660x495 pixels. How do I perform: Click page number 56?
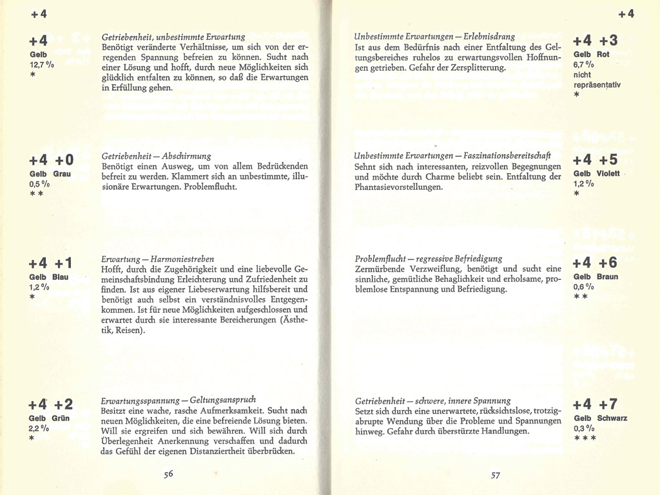(168, 474)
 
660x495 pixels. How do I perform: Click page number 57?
(495, 476)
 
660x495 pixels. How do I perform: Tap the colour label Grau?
(63, 174)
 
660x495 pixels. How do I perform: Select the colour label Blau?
(61, 277)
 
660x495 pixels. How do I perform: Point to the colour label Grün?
(61, 418)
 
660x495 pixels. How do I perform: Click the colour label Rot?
(603, 54)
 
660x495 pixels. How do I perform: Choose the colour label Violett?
(608, 174)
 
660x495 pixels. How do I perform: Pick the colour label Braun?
(608, 277)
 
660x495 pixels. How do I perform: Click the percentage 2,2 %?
(39, 428)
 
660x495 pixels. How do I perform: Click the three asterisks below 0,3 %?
(585, 438)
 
